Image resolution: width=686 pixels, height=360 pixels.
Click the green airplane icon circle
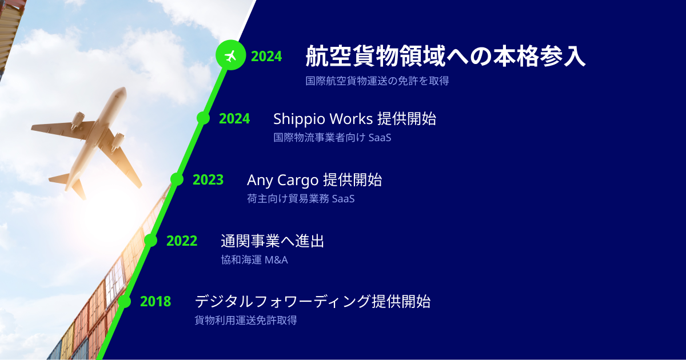(230, 55)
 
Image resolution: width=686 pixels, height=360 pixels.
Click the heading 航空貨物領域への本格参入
(445, 56)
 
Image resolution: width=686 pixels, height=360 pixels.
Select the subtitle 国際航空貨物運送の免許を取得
(377, 81)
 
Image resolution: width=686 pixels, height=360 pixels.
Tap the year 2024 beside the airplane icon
(266, 57)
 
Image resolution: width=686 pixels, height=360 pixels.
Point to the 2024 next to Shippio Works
(234, 119)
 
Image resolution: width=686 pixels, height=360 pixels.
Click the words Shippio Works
(323, 119)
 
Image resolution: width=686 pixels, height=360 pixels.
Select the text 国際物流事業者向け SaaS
(332, 138)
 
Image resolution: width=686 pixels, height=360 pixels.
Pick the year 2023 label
(208, 179)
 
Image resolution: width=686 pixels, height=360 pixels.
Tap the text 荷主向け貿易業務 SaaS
(301, 199)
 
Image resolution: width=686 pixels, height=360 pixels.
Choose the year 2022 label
(182, 241)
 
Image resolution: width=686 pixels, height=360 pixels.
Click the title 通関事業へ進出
(272, 241)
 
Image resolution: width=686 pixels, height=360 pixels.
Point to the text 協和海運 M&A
(254, 260)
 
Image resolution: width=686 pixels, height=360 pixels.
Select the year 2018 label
(155, 302)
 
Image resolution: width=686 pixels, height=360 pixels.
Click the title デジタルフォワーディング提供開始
(312, 302)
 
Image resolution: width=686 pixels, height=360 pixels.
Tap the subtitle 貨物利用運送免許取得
(246, 321)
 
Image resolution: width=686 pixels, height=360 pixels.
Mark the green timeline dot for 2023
(177, 179)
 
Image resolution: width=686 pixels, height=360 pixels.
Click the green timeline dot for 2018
(124, 302)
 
